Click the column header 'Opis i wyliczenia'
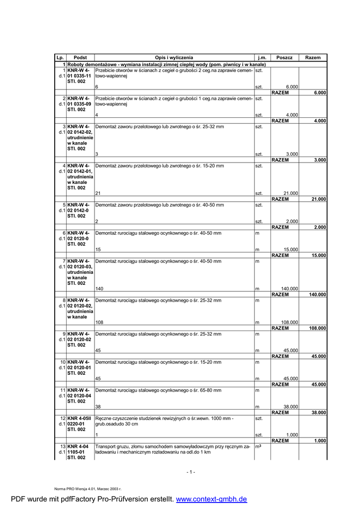coord(174,58)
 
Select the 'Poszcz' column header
coord(284,58)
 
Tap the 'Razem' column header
coord(313,58)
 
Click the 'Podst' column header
coord(80,58)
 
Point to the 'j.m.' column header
coord(262,58)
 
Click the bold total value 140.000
coord(317,295)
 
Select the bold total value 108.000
coord(317,329)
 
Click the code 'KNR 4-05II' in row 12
coord(79,419)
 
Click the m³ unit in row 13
coord(259,446)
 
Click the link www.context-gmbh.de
coord(212,499)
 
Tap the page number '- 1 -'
coord(191,472)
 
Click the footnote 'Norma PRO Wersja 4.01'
coord(88,489)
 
